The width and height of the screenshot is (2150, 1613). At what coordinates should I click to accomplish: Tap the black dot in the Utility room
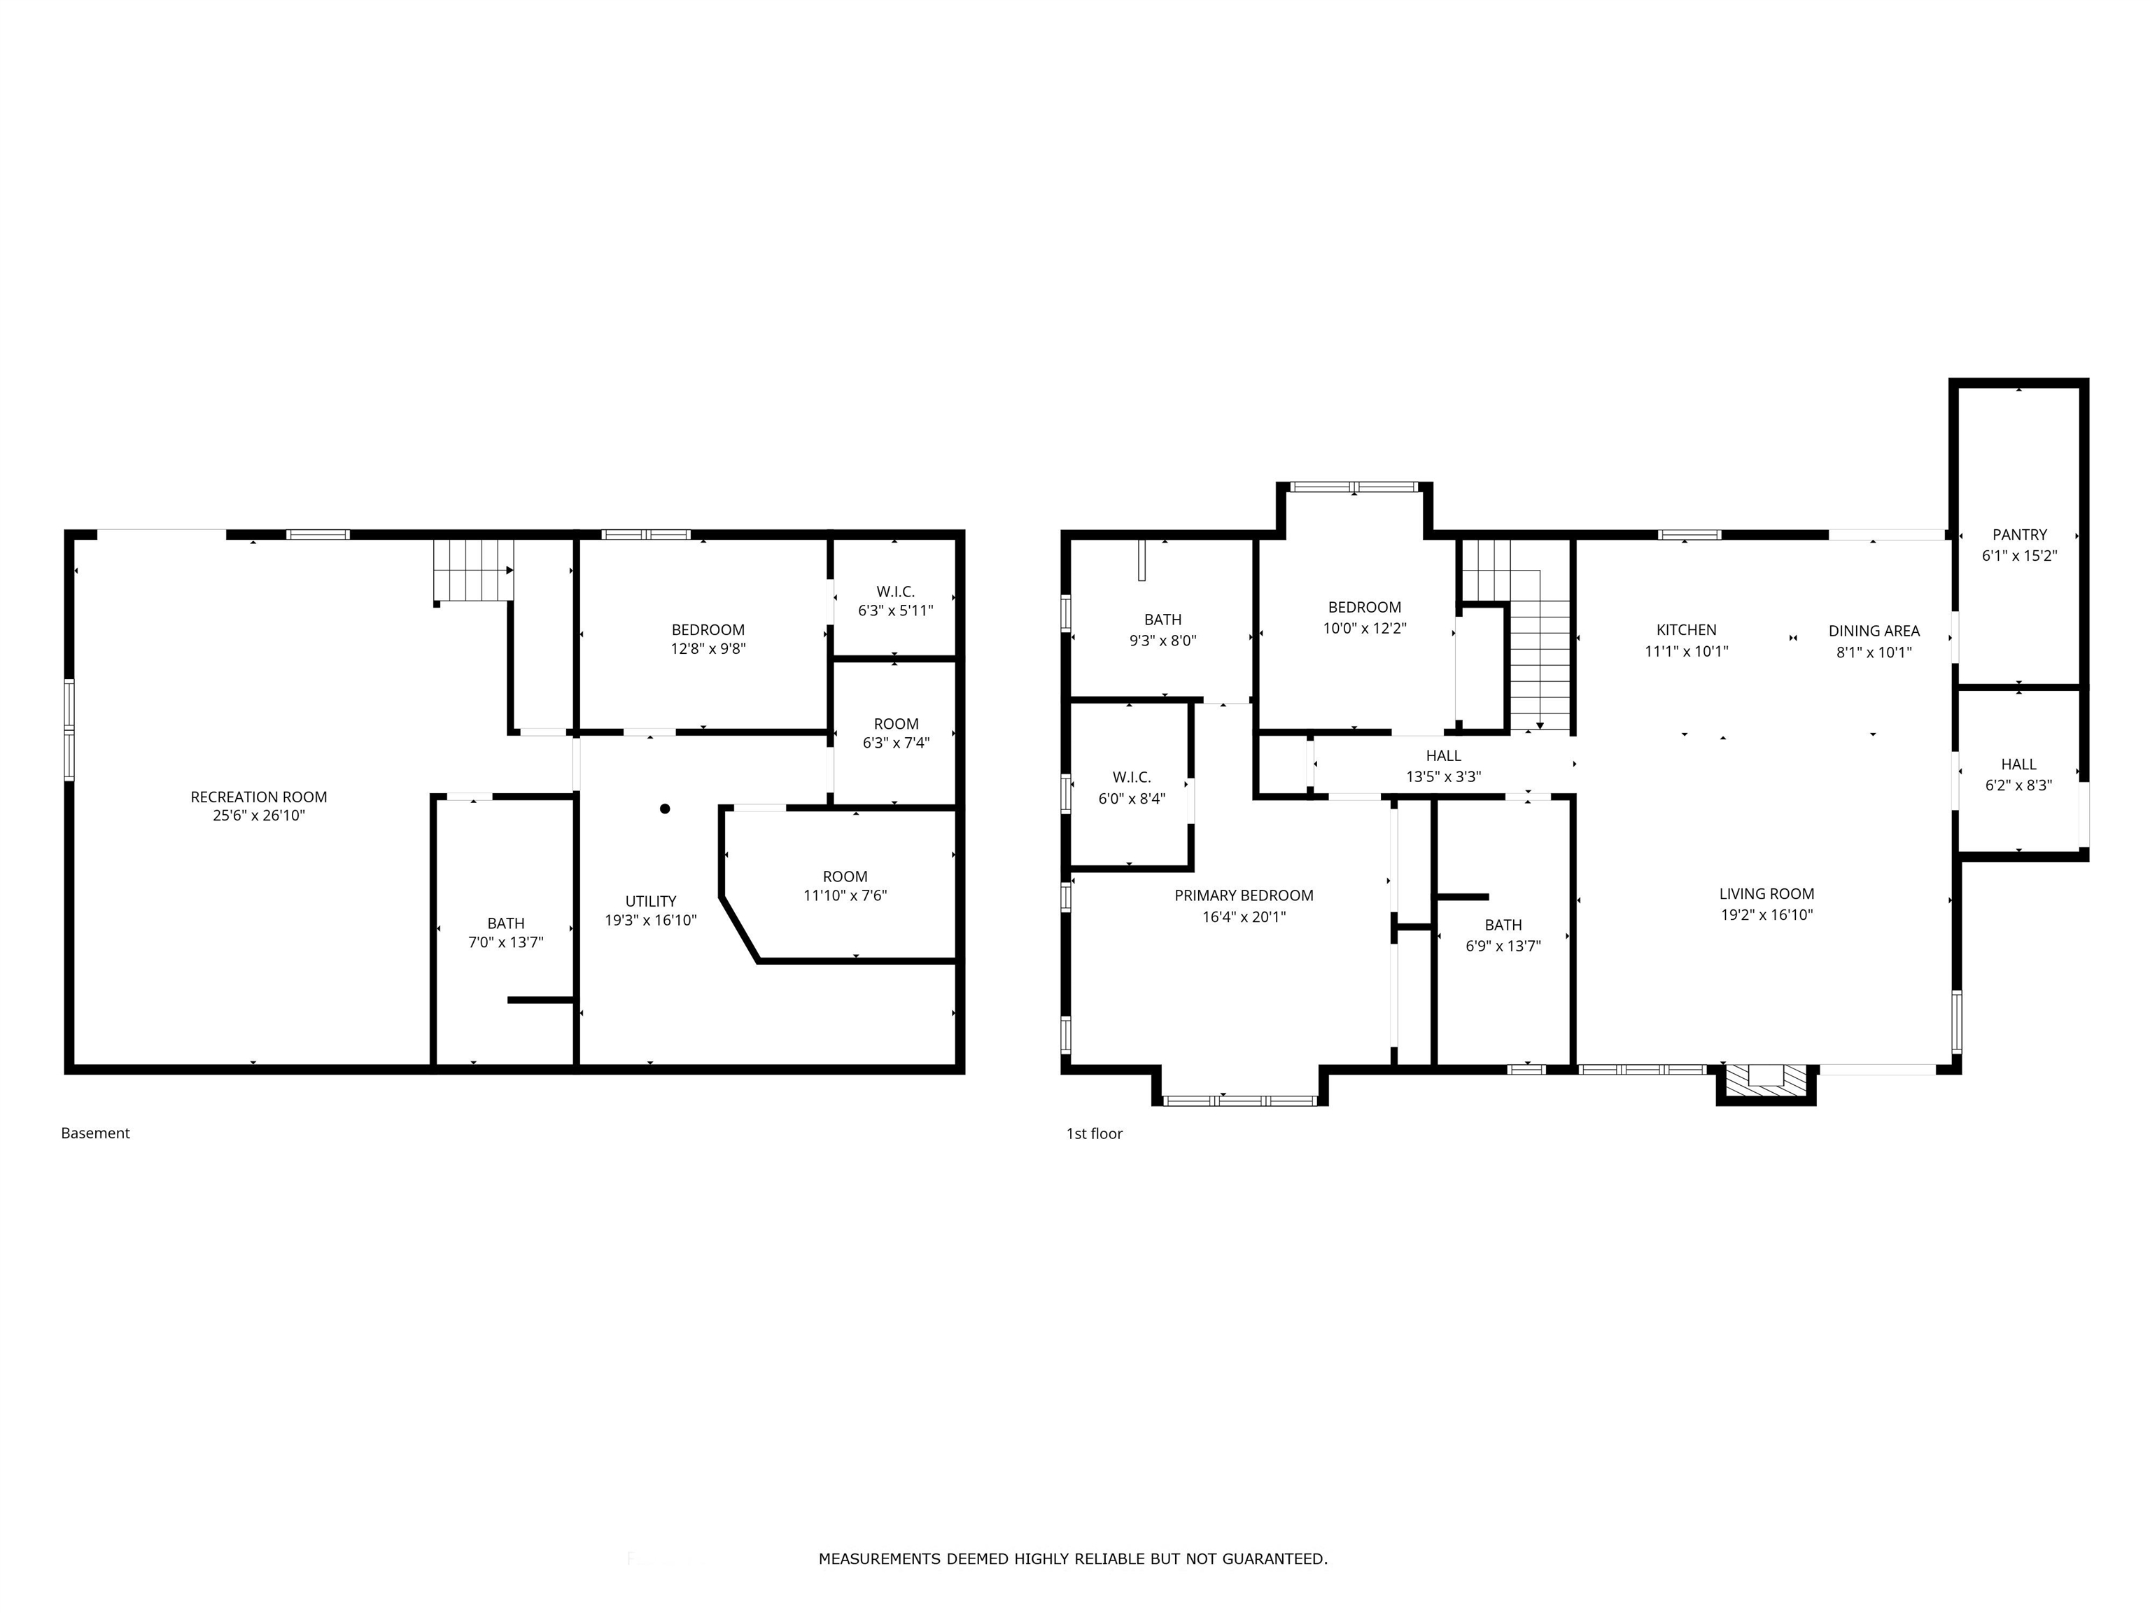pos(665,809)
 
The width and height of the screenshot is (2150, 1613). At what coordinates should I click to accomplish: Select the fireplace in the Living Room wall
pos(1766,1083)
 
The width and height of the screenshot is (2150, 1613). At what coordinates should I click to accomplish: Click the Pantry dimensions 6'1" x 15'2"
pos(2020,556)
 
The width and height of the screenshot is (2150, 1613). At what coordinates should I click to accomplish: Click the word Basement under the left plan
pos(95,1133)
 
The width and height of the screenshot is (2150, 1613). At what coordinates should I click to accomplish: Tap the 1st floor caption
pos(1095,1133)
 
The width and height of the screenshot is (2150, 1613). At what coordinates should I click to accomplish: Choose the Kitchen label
pos(1687,630)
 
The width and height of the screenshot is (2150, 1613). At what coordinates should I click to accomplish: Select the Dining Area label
pos(1874,631)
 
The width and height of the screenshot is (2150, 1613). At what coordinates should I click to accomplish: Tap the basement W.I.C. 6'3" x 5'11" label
pos(895,601)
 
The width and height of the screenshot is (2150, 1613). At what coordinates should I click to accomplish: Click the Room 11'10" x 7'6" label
pos(845,886)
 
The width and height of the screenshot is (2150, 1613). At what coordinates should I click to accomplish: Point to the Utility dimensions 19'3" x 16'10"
pos(651,920)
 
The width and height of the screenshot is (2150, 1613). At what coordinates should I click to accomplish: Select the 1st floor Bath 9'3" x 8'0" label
pos(1162,630)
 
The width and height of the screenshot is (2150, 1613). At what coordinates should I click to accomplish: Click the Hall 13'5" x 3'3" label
pos(1443,766)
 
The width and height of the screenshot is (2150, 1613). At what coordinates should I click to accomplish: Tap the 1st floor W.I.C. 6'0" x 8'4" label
pos(1132,788)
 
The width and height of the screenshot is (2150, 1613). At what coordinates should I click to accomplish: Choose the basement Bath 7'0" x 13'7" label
pos(505,933)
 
